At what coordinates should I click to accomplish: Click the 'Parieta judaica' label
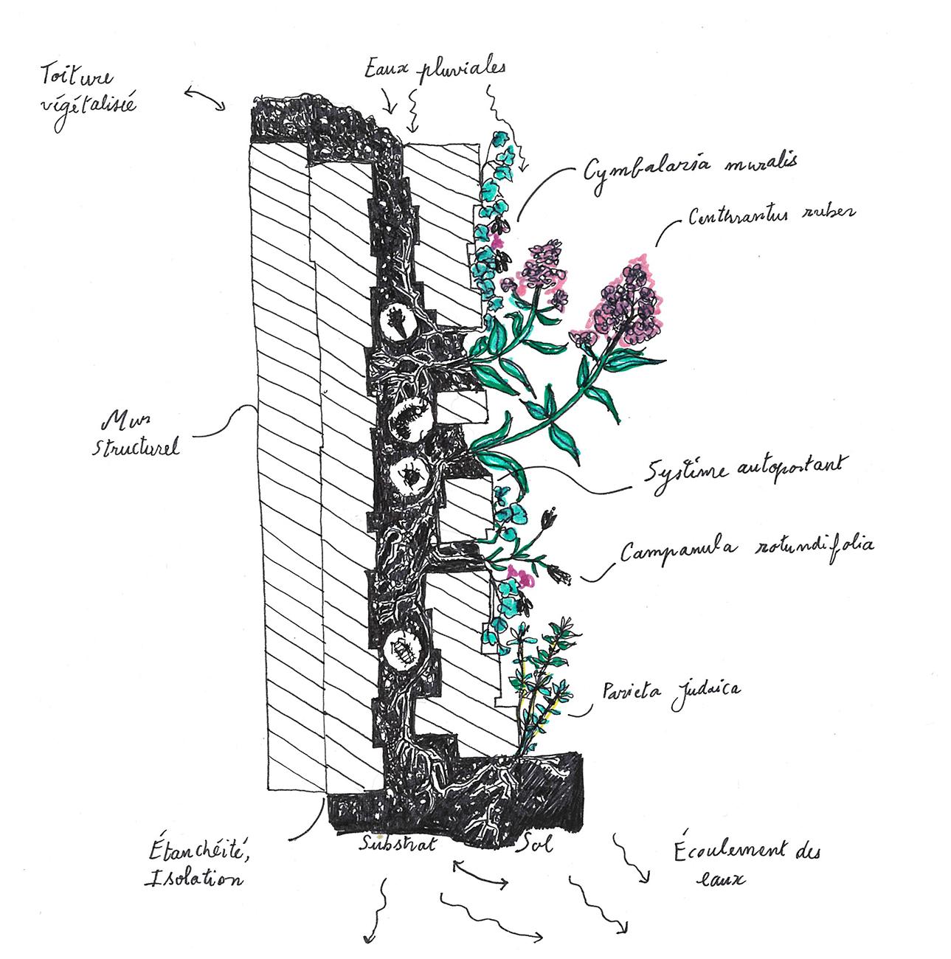pos(671,691)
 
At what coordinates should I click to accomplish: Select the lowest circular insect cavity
pos(403,649)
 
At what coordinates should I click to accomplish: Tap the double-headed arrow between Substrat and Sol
pos(480,874)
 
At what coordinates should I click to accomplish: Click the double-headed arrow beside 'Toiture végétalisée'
pos(204,99)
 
